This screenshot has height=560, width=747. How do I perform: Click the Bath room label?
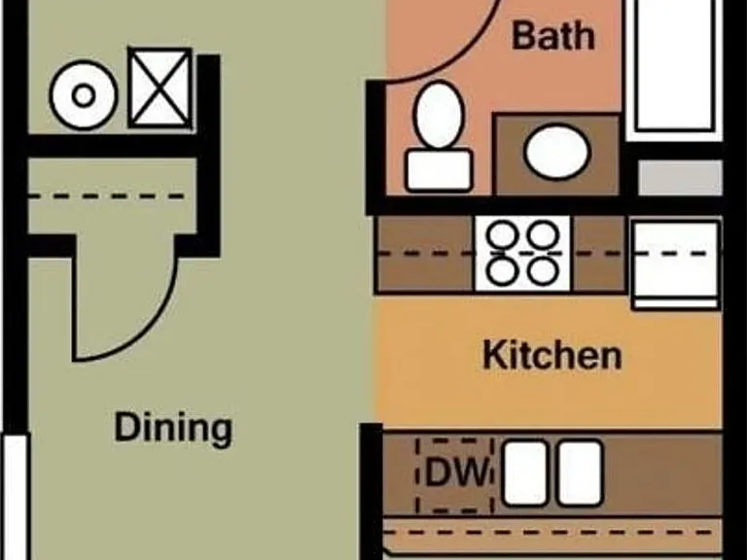tap(553, 36)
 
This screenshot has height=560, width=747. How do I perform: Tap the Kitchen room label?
tap(552, 355)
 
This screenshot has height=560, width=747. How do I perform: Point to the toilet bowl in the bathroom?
tap(439, 116)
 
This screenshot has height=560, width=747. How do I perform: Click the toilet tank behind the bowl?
tap(440, 170)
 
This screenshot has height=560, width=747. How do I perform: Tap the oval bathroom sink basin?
tap(557, 153)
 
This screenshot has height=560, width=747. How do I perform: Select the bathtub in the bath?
tap(674, 67)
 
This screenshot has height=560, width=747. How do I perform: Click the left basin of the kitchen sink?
tap(525, 472)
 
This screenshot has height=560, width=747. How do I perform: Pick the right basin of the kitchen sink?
tap(580, 472)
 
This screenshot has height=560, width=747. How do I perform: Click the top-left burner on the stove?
tap(503, 233)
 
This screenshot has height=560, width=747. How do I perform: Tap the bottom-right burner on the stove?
tap(543, 271)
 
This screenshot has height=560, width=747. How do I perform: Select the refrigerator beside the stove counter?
tap(677, 264)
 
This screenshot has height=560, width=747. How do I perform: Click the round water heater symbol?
tap(84, 95)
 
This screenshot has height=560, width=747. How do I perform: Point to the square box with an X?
tap(160, 87)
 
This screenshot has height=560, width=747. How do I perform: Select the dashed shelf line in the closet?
tap(107, 196)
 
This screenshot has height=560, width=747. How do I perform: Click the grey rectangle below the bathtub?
tap(680, 178)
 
